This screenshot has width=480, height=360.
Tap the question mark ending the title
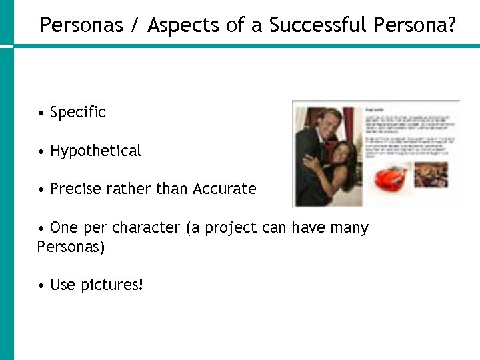tap(451, 25)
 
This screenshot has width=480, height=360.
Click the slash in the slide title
tap(135, 25)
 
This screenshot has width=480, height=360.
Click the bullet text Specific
tap(77, 113)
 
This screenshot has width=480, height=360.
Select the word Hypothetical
tap(95, 151)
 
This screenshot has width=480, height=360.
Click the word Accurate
tap(224, 189)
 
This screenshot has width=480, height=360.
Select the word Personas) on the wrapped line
tap(71, 247)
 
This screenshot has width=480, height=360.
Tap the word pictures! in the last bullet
tap(112, 285)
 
